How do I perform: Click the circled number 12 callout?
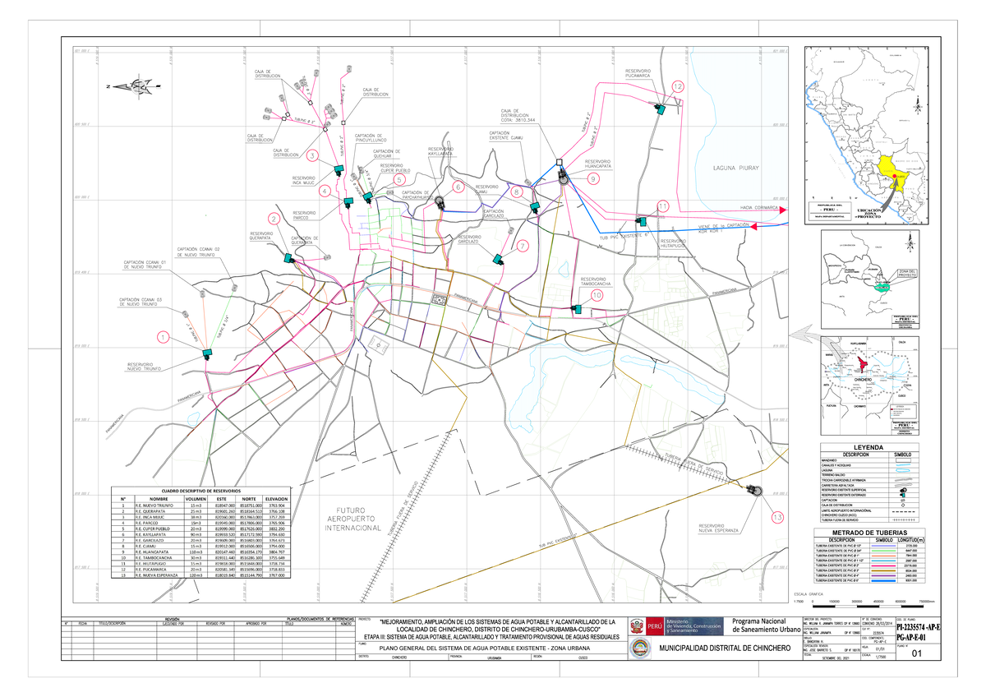click(678, 86)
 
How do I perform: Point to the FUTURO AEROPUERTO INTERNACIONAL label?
click(359, 519)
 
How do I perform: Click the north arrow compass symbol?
click(131, 86)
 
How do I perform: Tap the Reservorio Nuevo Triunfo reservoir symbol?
click(206, 354)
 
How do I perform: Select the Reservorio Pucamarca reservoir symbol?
click(659, 108)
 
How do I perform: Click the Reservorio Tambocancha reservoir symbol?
click(578, 309)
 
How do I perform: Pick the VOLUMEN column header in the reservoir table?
click(196, 499)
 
